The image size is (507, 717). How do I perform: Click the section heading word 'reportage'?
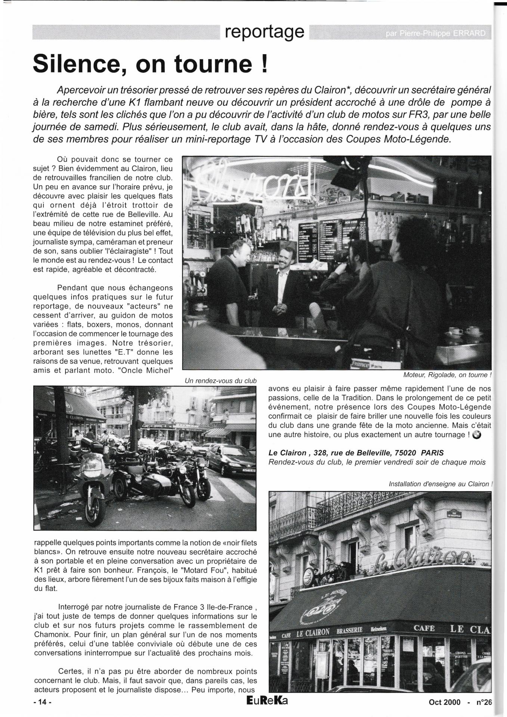265,32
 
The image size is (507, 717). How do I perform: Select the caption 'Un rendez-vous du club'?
220,381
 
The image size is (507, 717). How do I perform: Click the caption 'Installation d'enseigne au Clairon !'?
440,484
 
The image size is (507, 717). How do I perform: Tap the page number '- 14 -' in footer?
42,702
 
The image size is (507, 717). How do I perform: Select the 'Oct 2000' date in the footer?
445,702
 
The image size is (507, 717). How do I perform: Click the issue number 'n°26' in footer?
484,702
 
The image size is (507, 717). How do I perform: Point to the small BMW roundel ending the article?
477,435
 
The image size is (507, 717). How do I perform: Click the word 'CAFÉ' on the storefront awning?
424,628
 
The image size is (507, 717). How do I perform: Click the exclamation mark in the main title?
264,64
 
